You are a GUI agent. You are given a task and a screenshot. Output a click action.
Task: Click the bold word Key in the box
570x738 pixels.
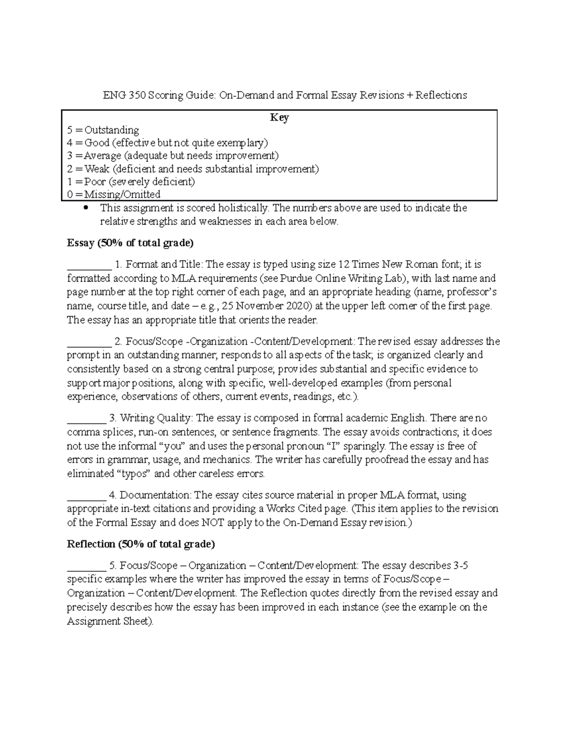(x=279, y=117)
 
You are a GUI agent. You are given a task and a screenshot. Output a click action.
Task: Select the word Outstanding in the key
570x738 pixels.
(x=112, y=130)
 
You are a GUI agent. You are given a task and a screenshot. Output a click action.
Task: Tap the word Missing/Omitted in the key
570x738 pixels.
(x=122, y=194)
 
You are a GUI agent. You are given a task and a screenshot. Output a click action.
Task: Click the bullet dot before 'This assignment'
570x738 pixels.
(x=86, y=208)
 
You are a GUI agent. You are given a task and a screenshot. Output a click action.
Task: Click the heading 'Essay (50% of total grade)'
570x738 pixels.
(x=130, y=243)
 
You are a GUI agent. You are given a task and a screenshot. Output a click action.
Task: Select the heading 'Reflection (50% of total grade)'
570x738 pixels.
(x=141, y=544)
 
